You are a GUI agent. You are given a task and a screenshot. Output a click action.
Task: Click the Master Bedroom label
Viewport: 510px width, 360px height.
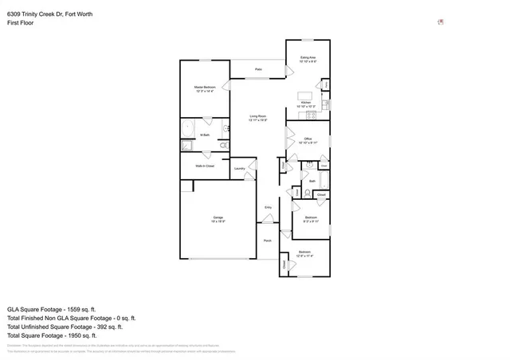click(205, 88)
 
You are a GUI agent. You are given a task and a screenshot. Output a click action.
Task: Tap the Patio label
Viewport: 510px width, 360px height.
click(258, 70)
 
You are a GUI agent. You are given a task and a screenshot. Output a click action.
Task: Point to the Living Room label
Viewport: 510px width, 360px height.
click(257, 119)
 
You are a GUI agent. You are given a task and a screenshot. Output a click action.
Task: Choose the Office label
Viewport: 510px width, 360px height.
click(308, 140)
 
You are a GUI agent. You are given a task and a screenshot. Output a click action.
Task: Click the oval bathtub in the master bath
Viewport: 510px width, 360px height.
click(188, 128)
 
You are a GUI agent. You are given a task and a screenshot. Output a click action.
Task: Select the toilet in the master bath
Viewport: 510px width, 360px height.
click(224, 146)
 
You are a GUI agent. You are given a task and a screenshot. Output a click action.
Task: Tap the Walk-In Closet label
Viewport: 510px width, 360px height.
click(205, 166)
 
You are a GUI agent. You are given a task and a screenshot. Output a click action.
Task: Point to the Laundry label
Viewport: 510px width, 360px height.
click(239, 169)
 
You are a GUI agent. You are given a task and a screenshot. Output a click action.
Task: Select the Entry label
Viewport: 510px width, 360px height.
click(269, 207)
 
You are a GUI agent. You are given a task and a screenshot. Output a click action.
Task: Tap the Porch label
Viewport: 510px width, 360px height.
click(267, 241)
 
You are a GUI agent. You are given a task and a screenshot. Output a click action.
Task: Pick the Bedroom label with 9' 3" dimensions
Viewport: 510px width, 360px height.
click(311, 219)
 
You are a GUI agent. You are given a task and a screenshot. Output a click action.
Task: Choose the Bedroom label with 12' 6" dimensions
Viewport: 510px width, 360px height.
click(304, 254)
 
